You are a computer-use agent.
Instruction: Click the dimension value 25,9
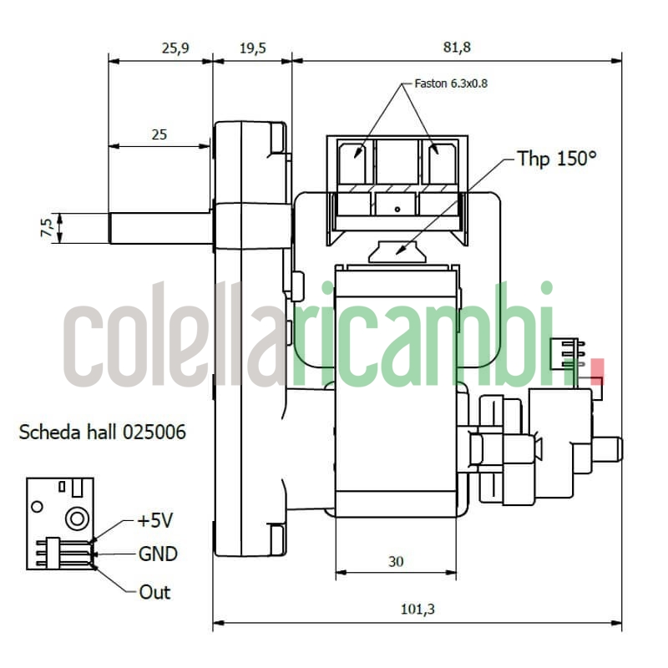pos(175,48)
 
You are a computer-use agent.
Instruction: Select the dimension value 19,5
pos(252,48)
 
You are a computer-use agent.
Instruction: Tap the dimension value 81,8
pos(457,48)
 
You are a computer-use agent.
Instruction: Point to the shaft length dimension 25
pos(159,134)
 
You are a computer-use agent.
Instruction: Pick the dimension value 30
pos(396,562)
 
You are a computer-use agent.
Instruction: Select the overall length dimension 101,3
pos(418,610)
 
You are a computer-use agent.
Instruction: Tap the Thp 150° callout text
pos(557,159)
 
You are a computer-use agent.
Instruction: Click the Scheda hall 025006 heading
pos(102,433)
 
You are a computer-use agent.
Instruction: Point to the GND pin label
pos(158,554)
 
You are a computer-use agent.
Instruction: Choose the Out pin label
pos(154,592)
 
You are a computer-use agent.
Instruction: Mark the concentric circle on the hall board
pos(78,518)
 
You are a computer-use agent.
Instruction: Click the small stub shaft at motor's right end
pos(612,448)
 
